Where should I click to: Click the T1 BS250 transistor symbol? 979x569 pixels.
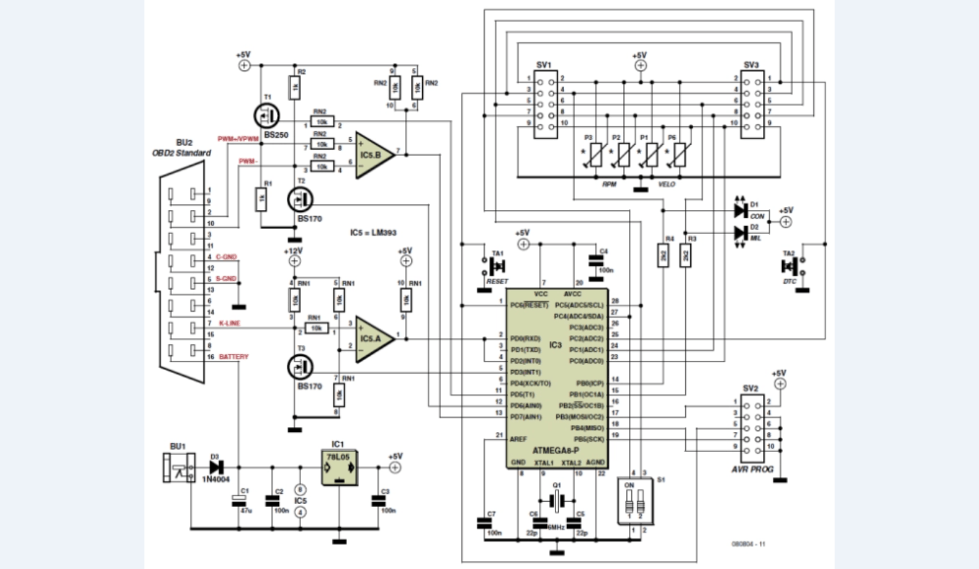tap(266, 115)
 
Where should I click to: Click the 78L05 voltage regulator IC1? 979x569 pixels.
tap(338, 468)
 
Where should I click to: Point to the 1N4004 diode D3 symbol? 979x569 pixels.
tap(215, 465)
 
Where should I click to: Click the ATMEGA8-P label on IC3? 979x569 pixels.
tap(556, 450)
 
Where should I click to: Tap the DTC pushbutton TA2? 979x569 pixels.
tap(791, 266)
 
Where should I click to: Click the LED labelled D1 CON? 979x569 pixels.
tap(741, 210)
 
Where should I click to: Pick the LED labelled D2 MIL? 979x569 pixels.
tap(741, 233)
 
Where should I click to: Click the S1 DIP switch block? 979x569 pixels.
tap(635, 501)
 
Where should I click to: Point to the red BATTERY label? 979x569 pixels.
tap(234, 356)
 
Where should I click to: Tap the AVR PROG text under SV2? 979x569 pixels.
tap(752, 469)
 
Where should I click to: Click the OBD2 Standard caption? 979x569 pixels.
tap(181, 153)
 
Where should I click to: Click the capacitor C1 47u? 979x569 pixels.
tap(238, 501)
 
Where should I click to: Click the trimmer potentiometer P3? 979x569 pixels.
tap(595, 154)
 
